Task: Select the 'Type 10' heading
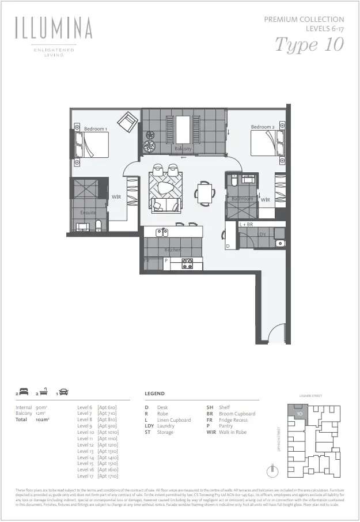(309, 44)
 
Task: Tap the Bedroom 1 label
(95, 129)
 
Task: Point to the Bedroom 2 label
(262, 127)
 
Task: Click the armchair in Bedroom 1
(127, 122)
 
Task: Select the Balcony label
(183, 149)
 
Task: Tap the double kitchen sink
(162, 232)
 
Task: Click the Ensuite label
(88, 213)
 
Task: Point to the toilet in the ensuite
(98, 225)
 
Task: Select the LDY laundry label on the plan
(262, 234)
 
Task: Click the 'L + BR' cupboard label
(246, 224)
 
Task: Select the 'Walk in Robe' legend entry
(233, 432)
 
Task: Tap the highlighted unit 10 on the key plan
(299, 413)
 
